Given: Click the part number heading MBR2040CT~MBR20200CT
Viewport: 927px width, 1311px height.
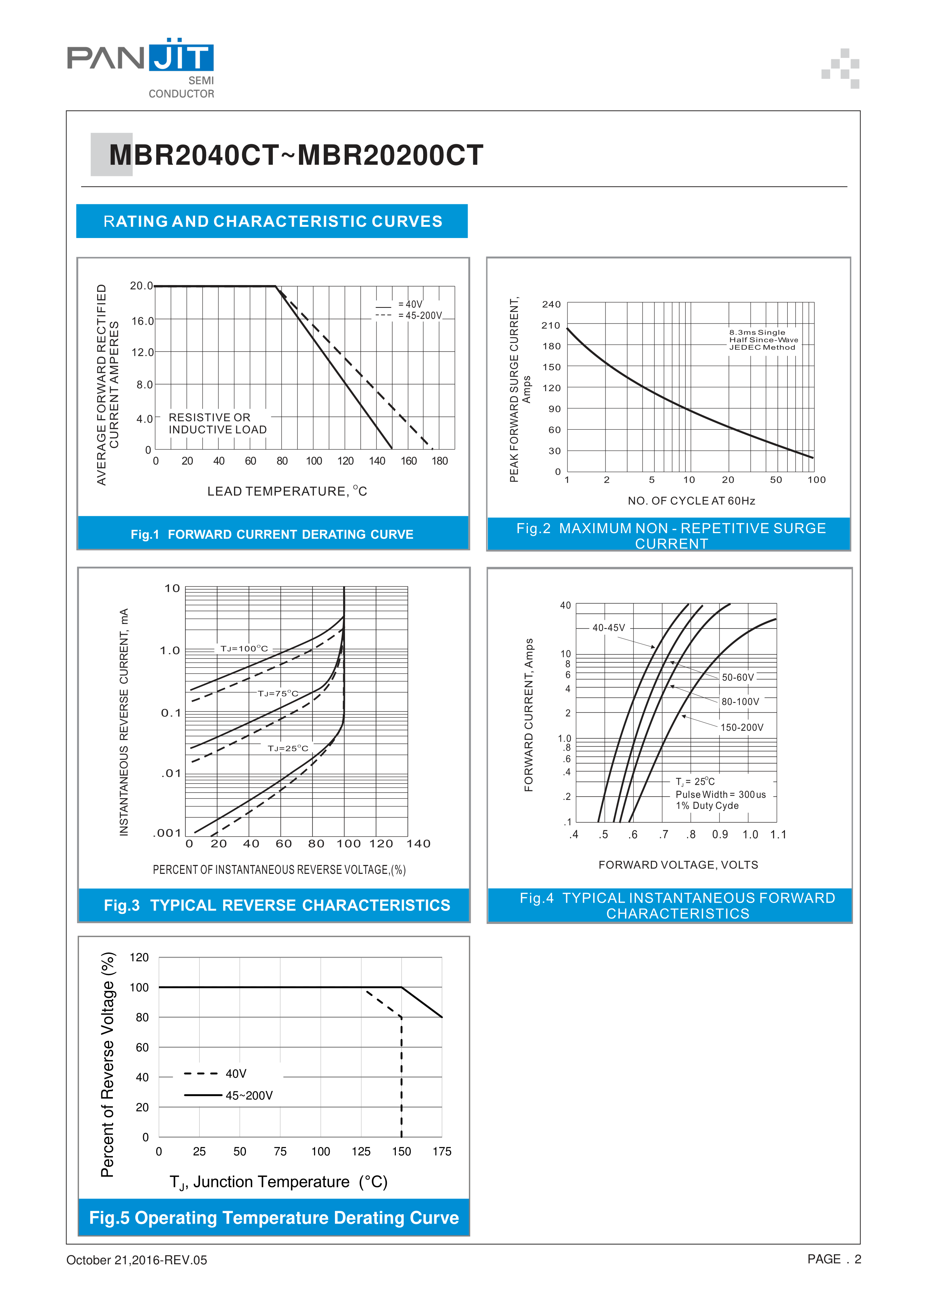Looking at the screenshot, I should (296, 155).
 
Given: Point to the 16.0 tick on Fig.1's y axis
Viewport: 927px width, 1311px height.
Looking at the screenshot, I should (142, 321).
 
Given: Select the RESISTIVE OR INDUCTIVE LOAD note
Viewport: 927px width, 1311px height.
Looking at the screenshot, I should (218, 424).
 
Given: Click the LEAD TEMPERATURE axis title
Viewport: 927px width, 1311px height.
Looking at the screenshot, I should (287, 492).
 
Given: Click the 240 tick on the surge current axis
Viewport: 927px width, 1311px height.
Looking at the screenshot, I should (551, 304).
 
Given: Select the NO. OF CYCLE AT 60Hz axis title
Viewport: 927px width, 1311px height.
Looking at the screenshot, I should (691, 501).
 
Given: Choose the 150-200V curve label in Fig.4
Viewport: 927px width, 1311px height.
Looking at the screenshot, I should (741, 727).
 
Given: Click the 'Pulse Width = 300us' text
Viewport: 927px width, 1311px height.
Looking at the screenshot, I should (720, 794).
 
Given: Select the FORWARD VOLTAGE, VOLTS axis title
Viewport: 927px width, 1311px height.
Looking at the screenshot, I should (678, 865).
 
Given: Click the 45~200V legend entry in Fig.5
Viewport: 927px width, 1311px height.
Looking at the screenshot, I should (249, 1095).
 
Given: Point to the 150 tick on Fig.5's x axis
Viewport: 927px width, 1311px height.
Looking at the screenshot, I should (401, 1151).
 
